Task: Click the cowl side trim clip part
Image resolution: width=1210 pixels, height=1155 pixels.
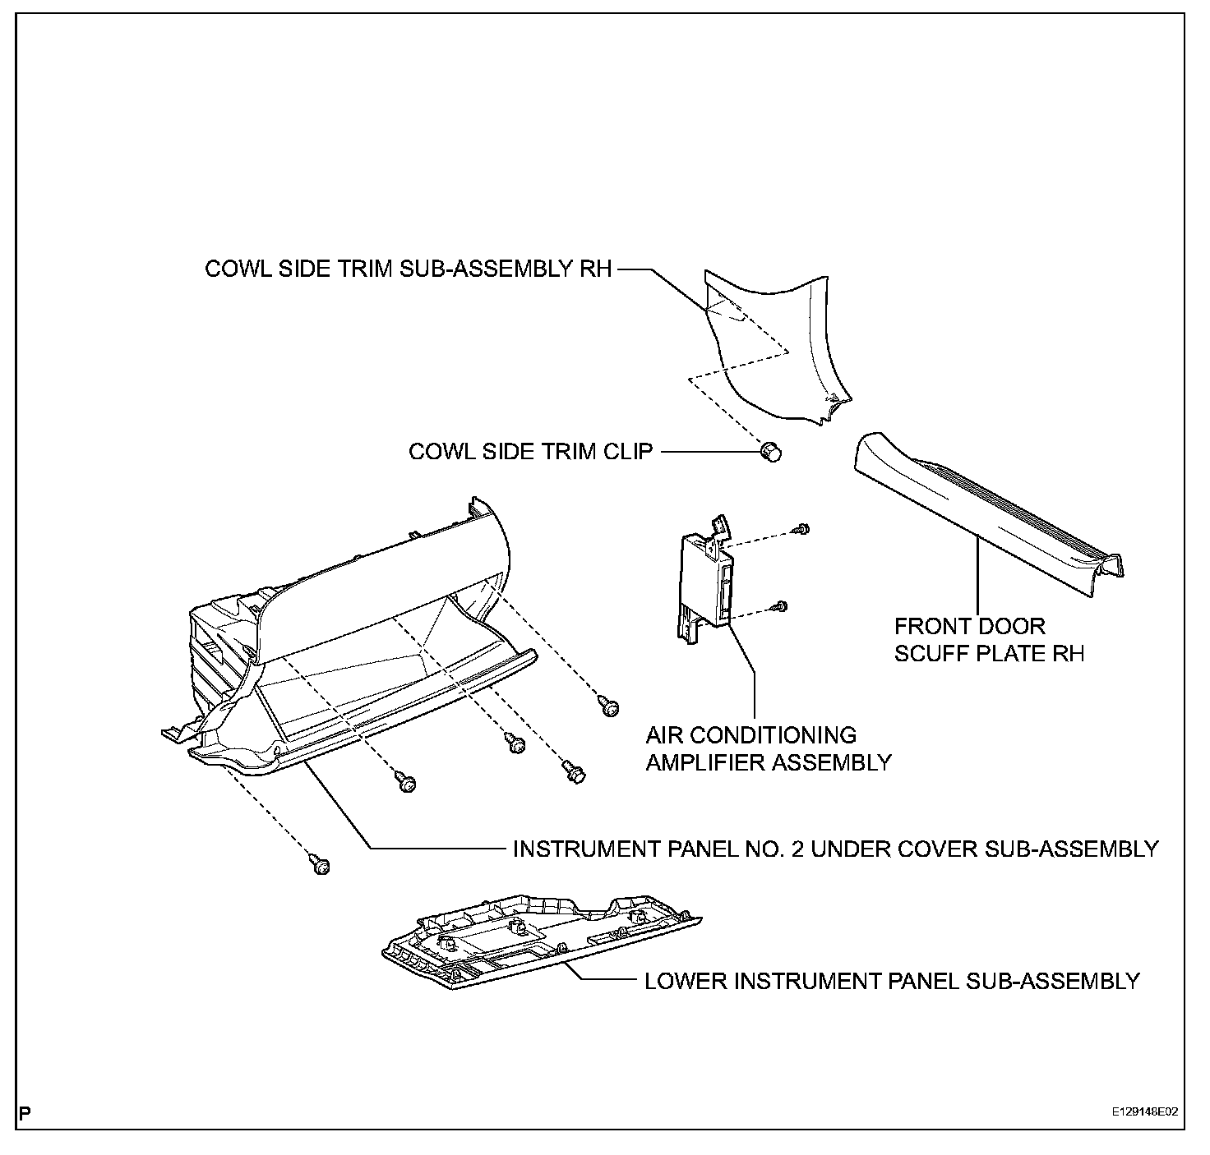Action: point(770,451)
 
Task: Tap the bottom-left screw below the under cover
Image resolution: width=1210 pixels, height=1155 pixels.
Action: point(320,864)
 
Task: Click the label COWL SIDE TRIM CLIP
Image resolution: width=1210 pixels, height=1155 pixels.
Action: point(530,451)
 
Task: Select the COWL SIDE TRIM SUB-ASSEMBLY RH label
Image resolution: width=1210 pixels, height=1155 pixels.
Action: point(409,269)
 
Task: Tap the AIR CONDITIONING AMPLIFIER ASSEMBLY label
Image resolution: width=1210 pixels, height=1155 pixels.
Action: point(768,748)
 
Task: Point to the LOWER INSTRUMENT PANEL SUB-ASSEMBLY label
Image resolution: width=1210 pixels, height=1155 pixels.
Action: point(892,981)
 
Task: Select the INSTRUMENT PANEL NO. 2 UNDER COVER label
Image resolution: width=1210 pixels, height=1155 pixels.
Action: point(835,849)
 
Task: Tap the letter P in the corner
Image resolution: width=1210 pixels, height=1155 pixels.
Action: point(25,1114)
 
